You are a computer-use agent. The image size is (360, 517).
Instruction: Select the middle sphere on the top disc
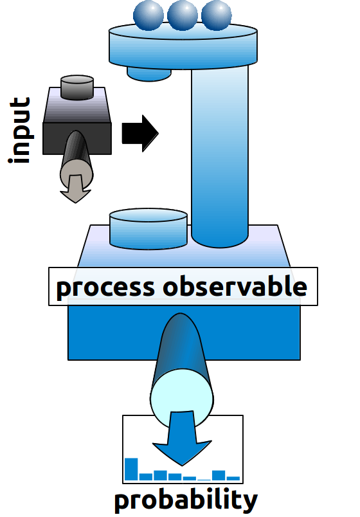click(182, 14)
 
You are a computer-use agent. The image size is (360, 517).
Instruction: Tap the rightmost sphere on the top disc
click(216, 14)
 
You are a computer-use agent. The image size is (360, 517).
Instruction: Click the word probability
click(186, 500)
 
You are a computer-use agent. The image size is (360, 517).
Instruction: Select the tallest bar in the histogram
click(131, 469)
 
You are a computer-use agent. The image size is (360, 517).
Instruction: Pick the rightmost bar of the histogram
click(233, 478)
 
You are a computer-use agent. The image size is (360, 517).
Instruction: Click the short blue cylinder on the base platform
click(148, 229)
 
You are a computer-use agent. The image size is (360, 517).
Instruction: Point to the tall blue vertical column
click(220, 154)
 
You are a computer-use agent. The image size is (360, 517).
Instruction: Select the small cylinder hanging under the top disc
click(148, 72)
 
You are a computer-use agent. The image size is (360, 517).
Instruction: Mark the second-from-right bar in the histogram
click(219, 475)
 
